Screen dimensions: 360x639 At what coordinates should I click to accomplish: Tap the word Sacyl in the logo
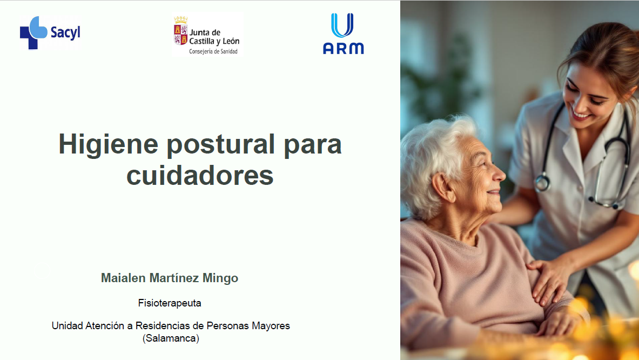[x=65, y=32]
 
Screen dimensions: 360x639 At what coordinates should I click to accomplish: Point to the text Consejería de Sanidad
[x=213, y=51]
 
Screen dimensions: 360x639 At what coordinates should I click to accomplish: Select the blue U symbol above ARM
[x=342, y=25]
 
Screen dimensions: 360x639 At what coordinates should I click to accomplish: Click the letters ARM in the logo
[x=343, y=49]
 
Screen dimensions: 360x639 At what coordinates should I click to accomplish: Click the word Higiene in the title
[x=108, y=145]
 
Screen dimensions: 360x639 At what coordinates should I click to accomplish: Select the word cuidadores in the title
[x=200, y=175]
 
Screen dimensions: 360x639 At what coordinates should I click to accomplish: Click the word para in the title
[x=313, y=145]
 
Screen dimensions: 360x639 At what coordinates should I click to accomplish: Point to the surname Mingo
[x=220, y=278]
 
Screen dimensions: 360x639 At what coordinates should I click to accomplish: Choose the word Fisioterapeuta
[x=170, y=303]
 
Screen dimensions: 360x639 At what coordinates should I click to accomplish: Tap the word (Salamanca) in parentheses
[x=171, y=339]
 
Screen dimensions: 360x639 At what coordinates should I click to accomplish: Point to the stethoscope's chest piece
[x=542, y=182]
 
